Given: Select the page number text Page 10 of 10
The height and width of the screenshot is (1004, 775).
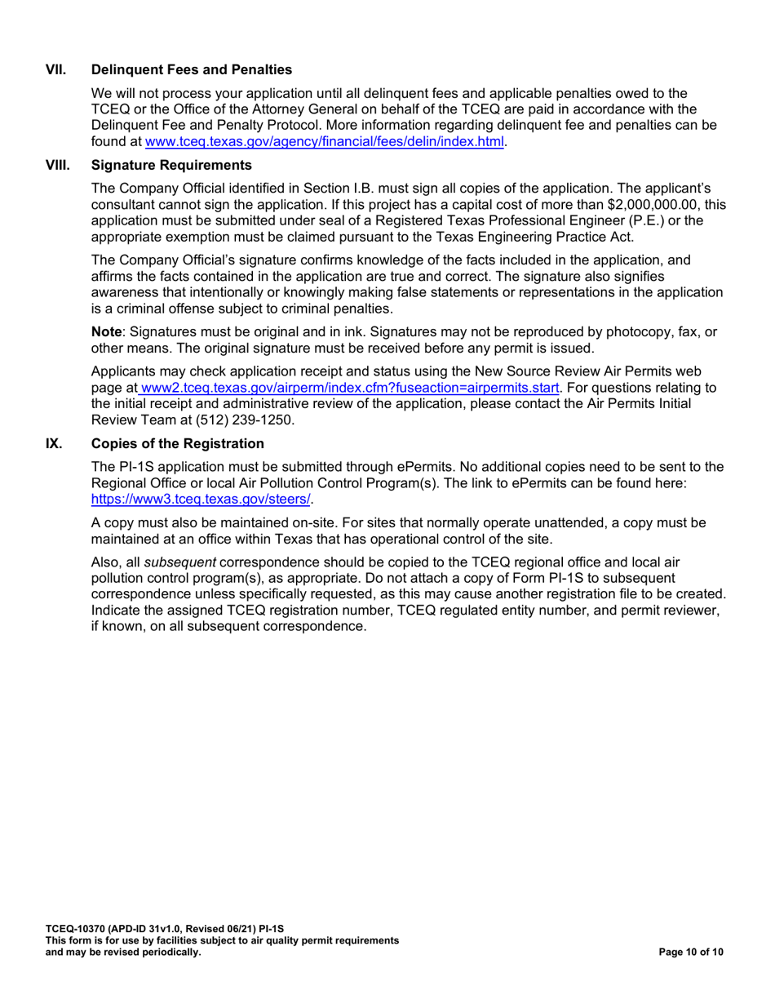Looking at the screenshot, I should coord(689,953).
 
